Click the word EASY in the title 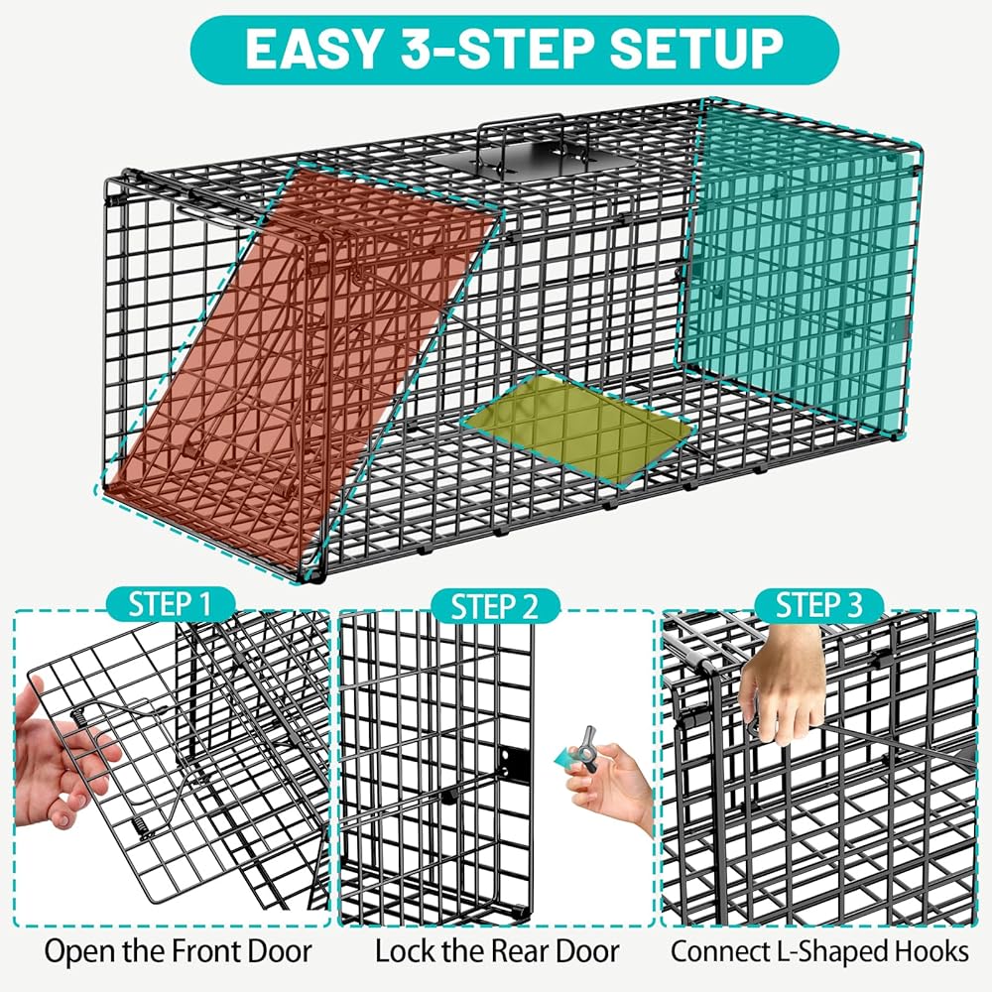click(x=313, y=50)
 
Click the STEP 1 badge click(x=170, y=603)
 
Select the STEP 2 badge click(x=495, y=606)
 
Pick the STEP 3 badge click(x=819, y=604)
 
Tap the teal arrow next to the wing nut click(x=563, y=756)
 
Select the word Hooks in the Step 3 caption click(x=931, y=951)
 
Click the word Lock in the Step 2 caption click(x=404, y=951)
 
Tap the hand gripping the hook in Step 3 click(x=784, y=683)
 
